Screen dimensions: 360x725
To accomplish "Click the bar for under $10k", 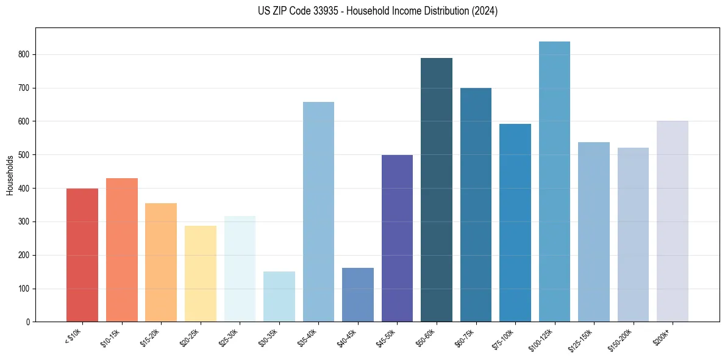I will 82,255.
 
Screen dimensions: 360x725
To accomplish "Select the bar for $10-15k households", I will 121,250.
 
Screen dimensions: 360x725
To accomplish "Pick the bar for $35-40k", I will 318,212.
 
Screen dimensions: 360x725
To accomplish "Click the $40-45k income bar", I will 357,295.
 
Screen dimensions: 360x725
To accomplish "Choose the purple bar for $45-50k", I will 397,238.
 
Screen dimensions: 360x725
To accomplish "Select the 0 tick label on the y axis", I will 29,322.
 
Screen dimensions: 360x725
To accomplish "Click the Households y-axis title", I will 10,175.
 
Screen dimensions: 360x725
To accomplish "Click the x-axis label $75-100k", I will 504,337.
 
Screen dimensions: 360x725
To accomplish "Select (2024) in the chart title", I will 485,11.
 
